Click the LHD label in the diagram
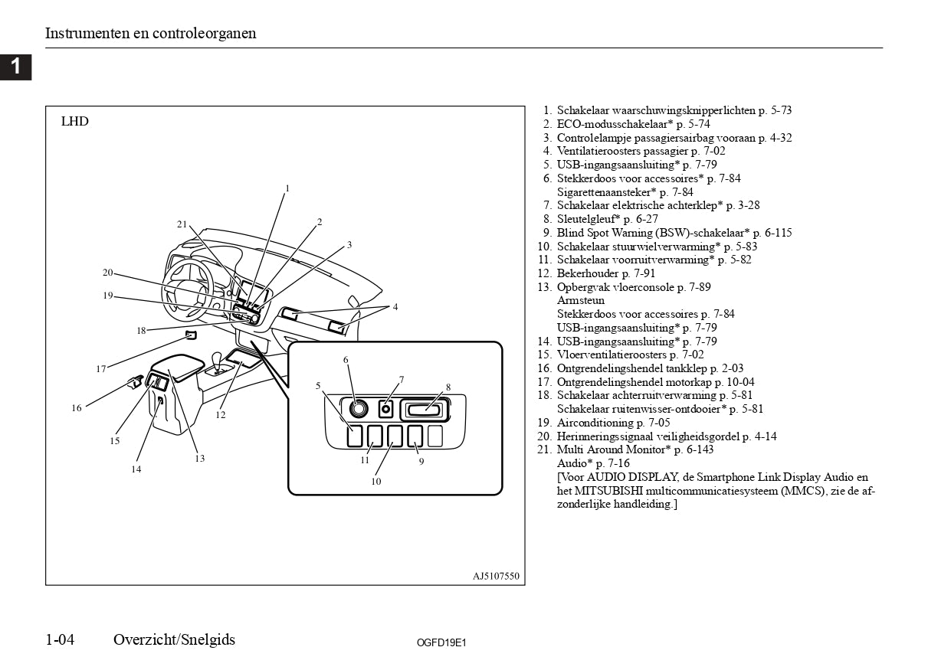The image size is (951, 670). point(75,121)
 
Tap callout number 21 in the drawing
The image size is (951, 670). point(182,224)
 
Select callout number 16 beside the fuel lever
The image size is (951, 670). point(77,408)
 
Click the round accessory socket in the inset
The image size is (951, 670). point(359,408)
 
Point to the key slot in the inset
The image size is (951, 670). point(425,410)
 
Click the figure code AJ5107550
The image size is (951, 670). point(496,576)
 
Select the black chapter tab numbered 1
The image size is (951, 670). point(15,67)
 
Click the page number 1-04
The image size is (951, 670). point(60,639)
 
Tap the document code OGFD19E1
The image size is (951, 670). point(441,642)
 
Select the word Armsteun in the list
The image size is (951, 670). point(581,300)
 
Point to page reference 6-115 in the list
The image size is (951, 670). point(779,233)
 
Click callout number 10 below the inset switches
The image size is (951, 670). point(376,482)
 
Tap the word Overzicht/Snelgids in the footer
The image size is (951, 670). point(174,639)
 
